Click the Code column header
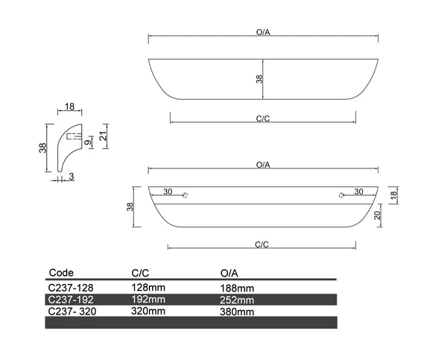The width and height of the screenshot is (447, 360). pos(61,273)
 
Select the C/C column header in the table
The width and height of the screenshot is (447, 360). pos(140,273)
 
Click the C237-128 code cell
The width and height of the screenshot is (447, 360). pos(71,286)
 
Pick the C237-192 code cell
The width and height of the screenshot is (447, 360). pos(71,299)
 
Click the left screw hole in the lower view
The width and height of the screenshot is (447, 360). pos(186,195)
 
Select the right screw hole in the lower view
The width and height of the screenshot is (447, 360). pos(340,195)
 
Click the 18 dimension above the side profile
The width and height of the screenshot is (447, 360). pos(69,107)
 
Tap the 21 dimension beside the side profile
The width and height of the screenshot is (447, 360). pos(104,135)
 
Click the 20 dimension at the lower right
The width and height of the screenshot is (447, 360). pos(378,215)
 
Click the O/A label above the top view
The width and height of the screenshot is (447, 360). pos(262,33)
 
